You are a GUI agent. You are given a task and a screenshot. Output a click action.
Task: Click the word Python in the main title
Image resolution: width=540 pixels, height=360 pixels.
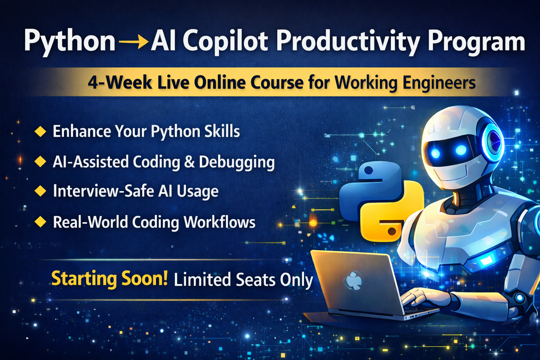[x=70, y=41]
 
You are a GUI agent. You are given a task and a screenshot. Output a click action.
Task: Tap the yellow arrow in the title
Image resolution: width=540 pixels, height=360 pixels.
[x=134, y=42]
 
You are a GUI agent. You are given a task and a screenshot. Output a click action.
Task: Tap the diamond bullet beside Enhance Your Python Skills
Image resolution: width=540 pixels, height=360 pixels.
[x=40, y=131]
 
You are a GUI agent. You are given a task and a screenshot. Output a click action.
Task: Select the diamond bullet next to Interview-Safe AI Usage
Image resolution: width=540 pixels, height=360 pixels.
[x=40, y=191]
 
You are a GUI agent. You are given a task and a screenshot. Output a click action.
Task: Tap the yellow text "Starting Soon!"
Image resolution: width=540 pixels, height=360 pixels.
[x=109, y=279]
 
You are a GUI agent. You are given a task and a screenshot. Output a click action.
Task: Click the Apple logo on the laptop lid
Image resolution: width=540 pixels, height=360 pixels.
[x=354, y=281]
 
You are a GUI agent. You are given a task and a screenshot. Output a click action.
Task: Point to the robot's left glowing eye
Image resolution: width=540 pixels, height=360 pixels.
[x=436, y=153]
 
